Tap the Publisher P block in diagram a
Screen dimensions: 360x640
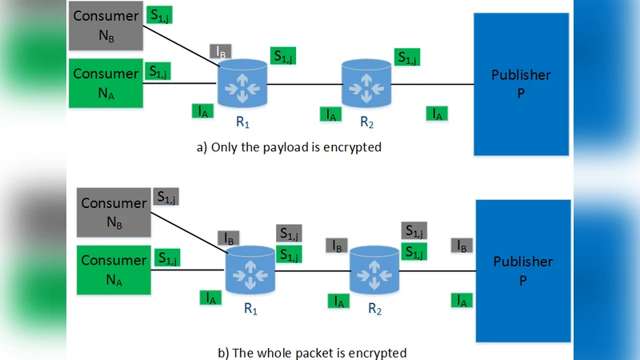point(521,84)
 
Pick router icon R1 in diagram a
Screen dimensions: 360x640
point(243,84)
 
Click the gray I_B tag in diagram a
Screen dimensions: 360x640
point(222,52)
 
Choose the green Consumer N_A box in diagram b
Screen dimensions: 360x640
point(114,270)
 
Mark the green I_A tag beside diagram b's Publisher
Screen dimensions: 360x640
point(461,300)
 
